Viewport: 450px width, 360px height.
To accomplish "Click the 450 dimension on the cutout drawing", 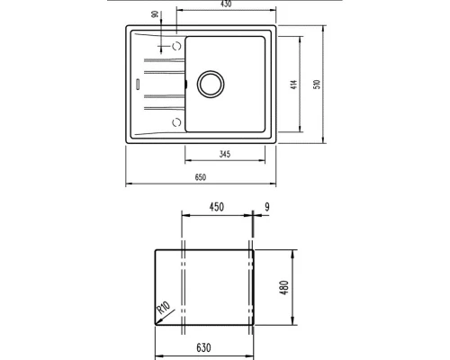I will pyautogui.click(x=216, y=208).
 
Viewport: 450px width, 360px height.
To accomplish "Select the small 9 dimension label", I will pyautogui.click(x=268, y=208).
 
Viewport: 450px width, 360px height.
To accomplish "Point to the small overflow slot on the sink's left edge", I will pyautogui.click(x=137, y=84).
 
